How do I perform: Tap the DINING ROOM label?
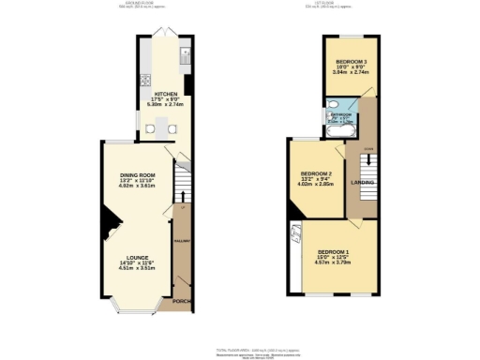click(137, 176)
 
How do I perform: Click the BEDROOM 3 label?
click(352, 62)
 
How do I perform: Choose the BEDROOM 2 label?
click(317, 174)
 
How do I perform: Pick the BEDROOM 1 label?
click(333, 252)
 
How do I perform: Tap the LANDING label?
click(362, 183)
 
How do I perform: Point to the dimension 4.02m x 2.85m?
click(317, 185)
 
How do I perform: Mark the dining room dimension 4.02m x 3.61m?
click(137, 187)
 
